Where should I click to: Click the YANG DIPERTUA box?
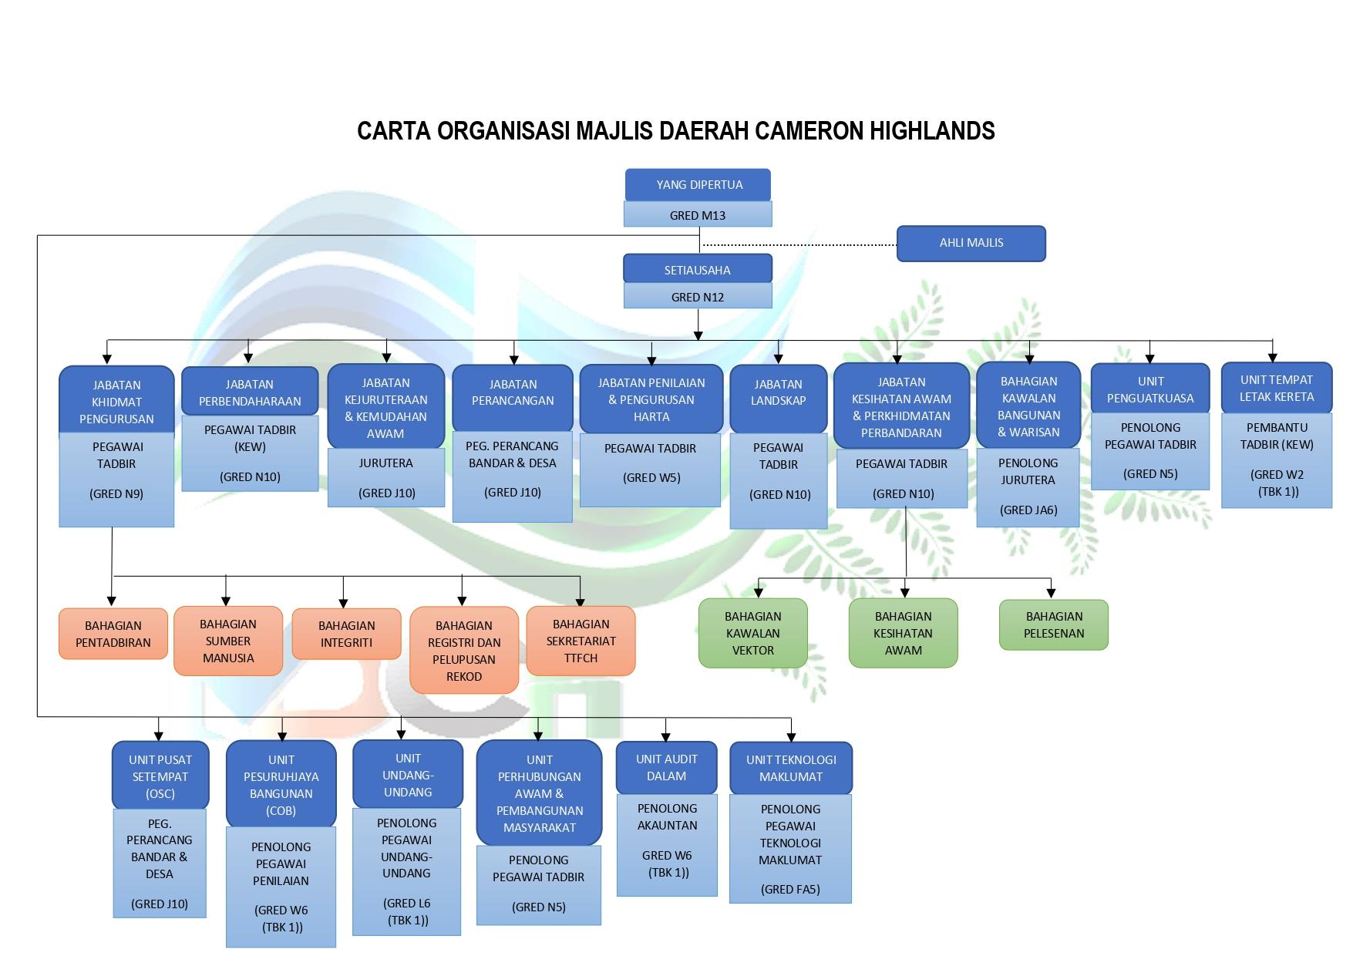pos(698,185)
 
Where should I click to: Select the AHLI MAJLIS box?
pos(971,243)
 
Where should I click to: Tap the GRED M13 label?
pos(698,215)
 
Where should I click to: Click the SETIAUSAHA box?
pos(698,270)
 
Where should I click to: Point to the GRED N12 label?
pos(698,297)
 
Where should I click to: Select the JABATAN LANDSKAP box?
pos(778,393)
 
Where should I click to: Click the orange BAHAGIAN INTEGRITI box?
pos(346,634)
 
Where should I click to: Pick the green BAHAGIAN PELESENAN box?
pos(1054,625)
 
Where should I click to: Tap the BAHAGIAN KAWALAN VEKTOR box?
pos(752,633)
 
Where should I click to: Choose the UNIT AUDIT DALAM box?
pos(666,767)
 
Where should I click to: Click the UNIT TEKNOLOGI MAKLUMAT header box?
pos(791,768)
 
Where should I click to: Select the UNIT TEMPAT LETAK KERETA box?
pos(1276,389)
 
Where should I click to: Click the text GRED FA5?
pos(790,889)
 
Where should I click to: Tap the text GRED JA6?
pos(1028,510)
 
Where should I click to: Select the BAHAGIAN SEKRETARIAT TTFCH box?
pos(581,641)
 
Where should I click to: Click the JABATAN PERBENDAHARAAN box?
pos(250,392)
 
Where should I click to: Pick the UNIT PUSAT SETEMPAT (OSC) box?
pos(160,776)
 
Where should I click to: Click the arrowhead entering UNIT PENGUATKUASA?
pos(1149,358)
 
